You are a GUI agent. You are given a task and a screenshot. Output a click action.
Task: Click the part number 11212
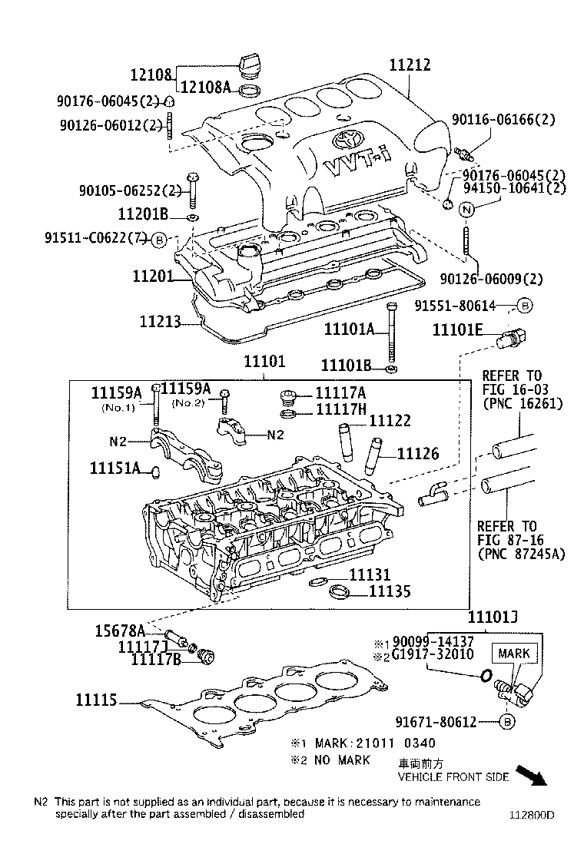pos(410,65)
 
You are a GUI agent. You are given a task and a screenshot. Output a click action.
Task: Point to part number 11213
pos(160,321)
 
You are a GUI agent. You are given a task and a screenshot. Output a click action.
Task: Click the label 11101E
pos(458,329)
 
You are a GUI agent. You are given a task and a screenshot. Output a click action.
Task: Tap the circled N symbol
pos(466,209)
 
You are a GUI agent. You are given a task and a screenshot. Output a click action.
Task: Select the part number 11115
pos(96,700)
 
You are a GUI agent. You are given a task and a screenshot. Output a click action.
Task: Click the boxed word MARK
pos(514,653)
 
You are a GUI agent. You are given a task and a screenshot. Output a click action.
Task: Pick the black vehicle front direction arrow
pos(531,774)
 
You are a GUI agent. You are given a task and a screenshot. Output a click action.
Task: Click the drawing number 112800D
pos(532,815)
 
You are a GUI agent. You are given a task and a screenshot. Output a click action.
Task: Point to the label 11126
pos(418,454)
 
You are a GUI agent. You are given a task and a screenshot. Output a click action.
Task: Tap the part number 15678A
pos(120,631)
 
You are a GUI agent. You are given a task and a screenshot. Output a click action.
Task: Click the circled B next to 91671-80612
pos(506,722)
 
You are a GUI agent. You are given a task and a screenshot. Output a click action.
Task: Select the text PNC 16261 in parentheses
pos(523,404)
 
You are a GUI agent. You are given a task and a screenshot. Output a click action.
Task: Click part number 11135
pos(390,591)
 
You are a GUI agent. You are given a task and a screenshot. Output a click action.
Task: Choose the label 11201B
pos(143,213)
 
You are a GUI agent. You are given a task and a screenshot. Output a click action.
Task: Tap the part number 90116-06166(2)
pos(503,119)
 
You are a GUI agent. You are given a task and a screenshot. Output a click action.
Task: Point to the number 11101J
pos(493,617)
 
